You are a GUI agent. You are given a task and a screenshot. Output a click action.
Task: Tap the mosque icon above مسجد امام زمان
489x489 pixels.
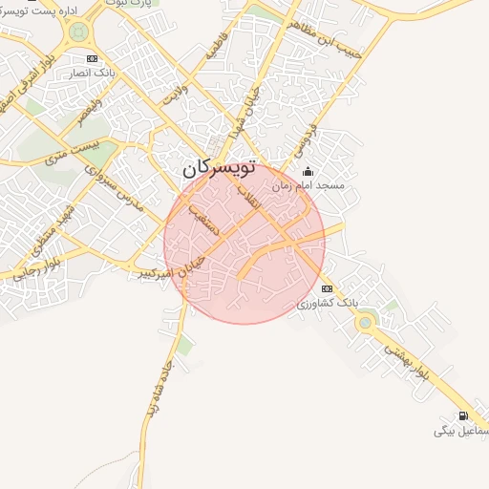coord(308,173)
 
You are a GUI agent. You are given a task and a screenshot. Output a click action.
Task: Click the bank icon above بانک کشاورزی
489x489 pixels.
coord(327,288)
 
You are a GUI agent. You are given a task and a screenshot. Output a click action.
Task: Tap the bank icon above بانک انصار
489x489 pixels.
coord(92,59)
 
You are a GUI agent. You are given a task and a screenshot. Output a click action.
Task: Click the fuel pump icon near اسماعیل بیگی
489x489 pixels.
coord(464,415)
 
